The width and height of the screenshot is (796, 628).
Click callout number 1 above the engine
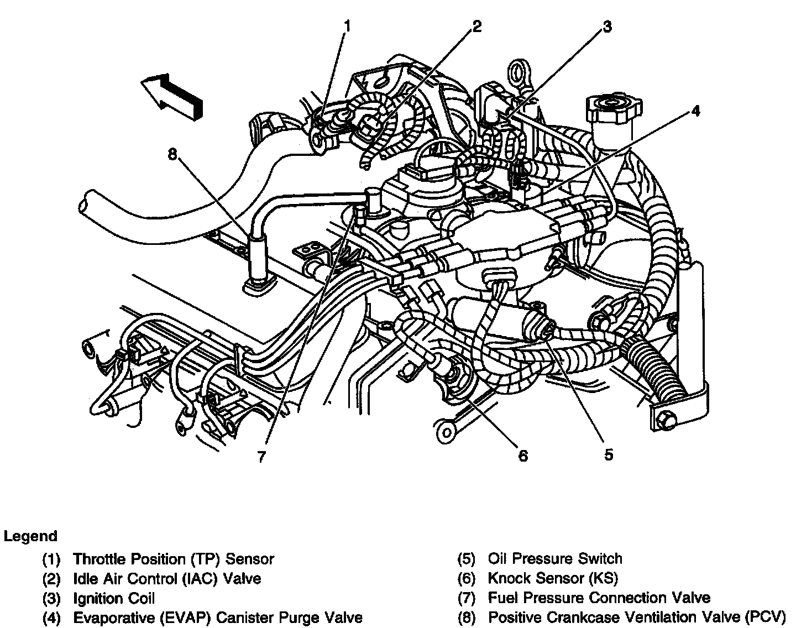click(347, 25)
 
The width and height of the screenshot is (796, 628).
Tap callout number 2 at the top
click(476, 25)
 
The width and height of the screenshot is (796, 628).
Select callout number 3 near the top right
click(607, 27)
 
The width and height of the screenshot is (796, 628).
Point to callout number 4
click(695, 111)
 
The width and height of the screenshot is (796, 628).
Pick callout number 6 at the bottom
click(523, 456)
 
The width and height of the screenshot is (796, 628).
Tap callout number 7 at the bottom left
click(261, 457)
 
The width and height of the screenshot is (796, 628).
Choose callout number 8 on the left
click(172, 155)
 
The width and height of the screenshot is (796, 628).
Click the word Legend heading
click(30, 536)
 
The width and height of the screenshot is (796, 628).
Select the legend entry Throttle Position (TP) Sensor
click(173, 559)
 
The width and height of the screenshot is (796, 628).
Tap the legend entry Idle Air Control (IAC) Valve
click(166, 578)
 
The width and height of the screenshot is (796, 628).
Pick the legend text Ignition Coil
click(114, 598)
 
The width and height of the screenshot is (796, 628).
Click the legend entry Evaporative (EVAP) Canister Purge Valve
click(218, 617)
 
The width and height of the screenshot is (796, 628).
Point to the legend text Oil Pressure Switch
click(554, 559)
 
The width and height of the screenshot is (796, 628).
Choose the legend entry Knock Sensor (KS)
click(552, 578)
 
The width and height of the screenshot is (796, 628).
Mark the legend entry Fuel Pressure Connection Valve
click(599, 598)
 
